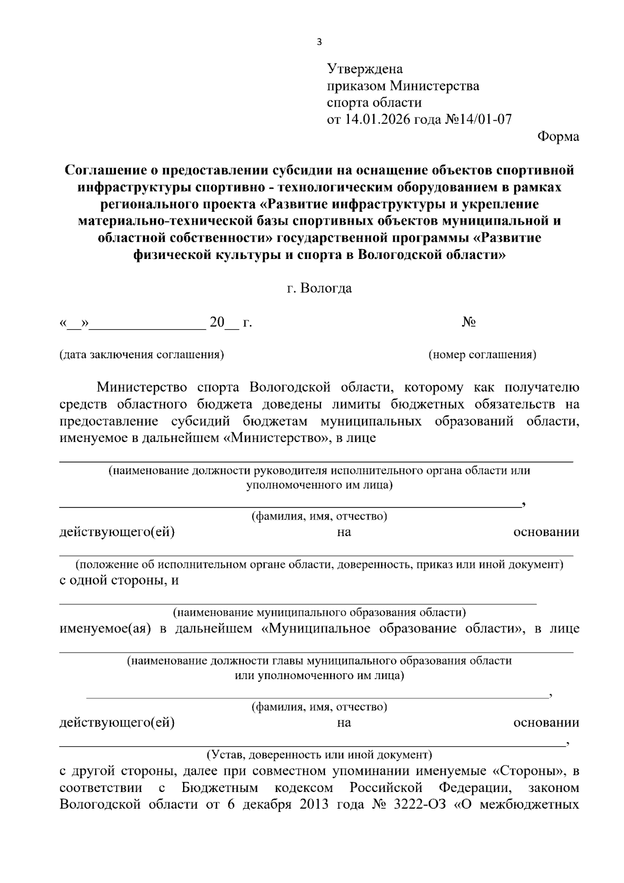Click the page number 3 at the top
319,42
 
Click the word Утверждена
365,69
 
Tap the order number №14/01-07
478,120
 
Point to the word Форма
557,137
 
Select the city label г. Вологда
319,288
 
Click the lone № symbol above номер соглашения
469,322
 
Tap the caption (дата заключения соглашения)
141,355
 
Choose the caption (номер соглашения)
482,355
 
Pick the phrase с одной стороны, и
119,580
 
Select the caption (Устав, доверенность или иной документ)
319,754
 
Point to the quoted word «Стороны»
529,770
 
